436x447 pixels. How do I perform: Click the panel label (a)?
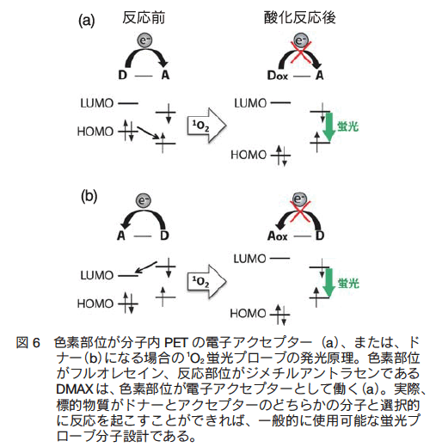(x=87, y=21)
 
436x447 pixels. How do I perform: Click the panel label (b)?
(x=89, y=197)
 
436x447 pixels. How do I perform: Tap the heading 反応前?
(x=144, y=18)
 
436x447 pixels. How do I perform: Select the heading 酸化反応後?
(x=299, y=18)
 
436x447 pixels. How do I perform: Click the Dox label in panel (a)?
(x=277, y=76)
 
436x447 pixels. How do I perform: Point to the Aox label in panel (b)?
(x=277, y=236)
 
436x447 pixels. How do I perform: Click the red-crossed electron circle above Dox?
(x=300, y=40)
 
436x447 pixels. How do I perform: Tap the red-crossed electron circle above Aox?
(x=300, y=199)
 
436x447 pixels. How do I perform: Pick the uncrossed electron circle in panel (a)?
(x=144, y=40)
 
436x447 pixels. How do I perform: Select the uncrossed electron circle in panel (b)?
(x=143, y=200)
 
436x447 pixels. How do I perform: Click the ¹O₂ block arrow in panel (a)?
(x=206, y=126)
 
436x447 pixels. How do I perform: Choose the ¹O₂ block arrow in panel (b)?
(x=206, y=282)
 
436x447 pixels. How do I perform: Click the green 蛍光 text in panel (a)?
(x=347, y=126)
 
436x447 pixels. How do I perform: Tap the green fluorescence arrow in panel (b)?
(x=329, y=283)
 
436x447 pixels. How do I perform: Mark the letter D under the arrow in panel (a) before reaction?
(x=122, y=75)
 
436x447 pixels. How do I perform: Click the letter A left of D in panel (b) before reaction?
(x=121, y=236)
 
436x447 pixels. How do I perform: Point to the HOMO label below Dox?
(x=249, y=155)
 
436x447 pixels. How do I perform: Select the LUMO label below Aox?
(x=249, y=259)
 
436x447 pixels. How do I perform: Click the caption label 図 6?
(x=28, y=343)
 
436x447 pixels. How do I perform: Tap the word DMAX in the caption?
(x=75, y=389)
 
